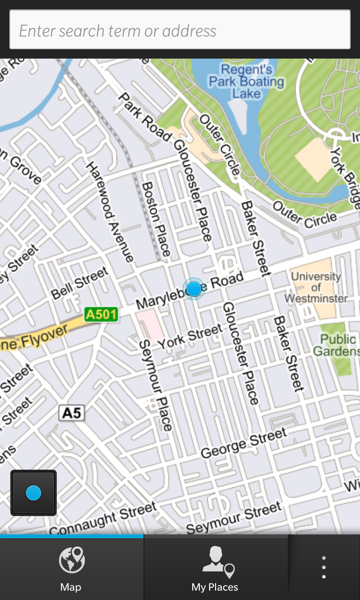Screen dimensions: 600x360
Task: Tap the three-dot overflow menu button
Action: coord(324,568)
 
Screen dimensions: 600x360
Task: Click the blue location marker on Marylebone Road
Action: coord(194,289)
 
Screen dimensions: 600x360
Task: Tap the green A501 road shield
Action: coord(101,314)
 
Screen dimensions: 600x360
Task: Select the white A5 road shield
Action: coord(72,413)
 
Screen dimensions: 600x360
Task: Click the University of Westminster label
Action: coord(316,287)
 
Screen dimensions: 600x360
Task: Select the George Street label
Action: coord(243,443)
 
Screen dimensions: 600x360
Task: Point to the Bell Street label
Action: coord(80,283)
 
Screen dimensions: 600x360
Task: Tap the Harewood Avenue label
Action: coord(109,212)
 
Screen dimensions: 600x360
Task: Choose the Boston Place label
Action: coord(156,219)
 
